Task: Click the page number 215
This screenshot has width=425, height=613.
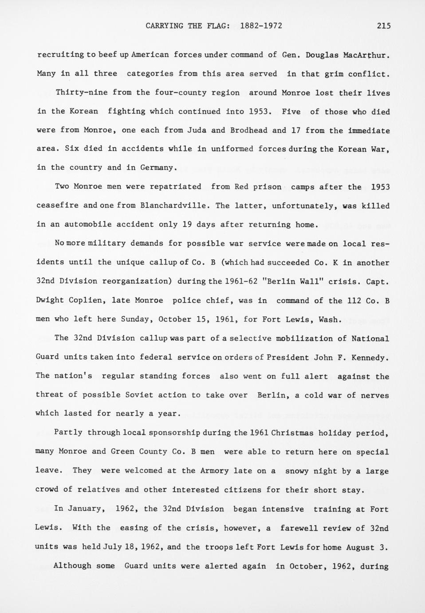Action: tap(384, 26)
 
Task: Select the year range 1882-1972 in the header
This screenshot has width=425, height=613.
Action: tap(261, 26)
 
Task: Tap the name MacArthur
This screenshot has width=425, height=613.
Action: tap(367, 55)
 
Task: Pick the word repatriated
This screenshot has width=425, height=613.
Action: tap(175, 187)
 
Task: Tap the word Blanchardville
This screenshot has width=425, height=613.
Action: tap(175, 206)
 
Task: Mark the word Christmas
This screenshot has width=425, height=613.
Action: tap(292, 433)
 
